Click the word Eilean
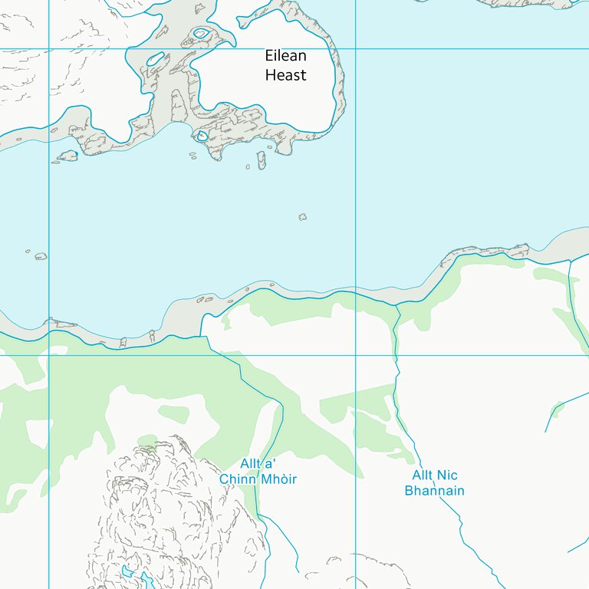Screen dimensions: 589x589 click(285, 56)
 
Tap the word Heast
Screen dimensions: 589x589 click(285, 75)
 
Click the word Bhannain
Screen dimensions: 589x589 click(434, 491)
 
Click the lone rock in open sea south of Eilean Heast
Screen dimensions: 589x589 click(303, 217)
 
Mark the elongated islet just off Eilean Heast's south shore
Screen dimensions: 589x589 click(261, 160)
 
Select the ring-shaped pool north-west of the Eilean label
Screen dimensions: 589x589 click(202, 33)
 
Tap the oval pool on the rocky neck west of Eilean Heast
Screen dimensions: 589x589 click(156, 58)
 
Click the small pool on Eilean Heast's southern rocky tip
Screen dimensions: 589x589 click(202, 137)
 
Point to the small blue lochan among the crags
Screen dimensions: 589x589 click(126, 571)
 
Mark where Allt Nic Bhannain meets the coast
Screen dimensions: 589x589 click(397, 305)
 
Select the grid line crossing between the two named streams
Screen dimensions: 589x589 click(356, 355)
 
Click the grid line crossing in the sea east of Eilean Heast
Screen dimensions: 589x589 click(356, 48)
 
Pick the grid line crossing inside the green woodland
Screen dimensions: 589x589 click(49, 355)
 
